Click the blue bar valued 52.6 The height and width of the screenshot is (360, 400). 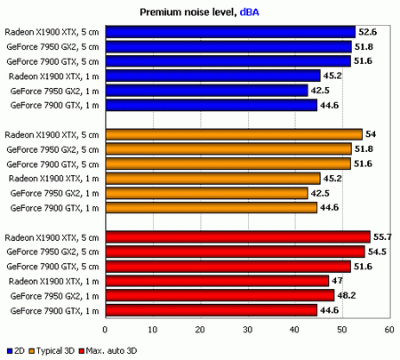coord(229,32)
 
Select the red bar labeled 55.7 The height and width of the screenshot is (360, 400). coord(236,236)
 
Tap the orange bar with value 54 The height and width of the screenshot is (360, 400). coord(233,134)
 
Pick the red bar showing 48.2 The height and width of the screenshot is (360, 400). coord(219,294)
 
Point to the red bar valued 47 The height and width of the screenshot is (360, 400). coord(216,280)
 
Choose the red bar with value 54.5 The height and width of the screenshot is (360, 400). coord(234,251)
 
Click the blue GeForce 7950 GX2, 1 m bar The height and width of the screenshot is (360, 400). coord(205,91)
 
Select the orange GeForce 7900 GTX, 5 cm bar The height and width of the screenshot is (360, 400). coord(228,164)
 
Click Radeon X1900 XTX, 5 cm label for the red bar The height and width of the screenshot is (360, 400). coord(52,236)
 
